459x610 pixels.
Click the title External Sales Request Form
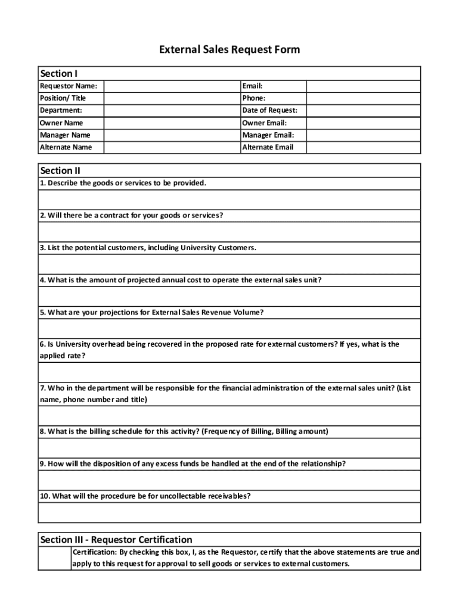[229, 49]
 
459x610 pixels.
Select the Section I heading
[58, 73]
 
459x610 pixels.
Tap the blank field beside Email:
[363, 86]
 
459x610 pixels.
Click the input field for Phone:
[363, 98]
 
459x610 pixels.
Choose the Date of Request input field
[363, 110]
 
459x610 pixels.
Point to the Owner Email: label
[265, 123]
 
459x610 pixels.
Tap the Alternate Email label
[268, 147]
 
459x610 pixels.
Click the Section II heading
[60, 170]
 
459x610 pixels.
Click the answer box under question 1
[229, 200]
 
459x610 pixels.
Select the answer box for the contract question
[229, 232]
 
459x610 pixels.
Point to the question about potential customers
[148, 247]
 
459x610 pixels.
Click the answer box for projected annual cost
[229, 296]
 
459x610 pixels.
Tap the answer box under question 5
[229, 328]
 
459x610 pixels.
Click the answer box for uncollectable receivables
[229, 512]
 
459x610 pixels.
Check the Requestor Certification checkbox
[54, 558]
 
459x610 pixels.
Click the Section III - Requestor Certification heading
[116, 540]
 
